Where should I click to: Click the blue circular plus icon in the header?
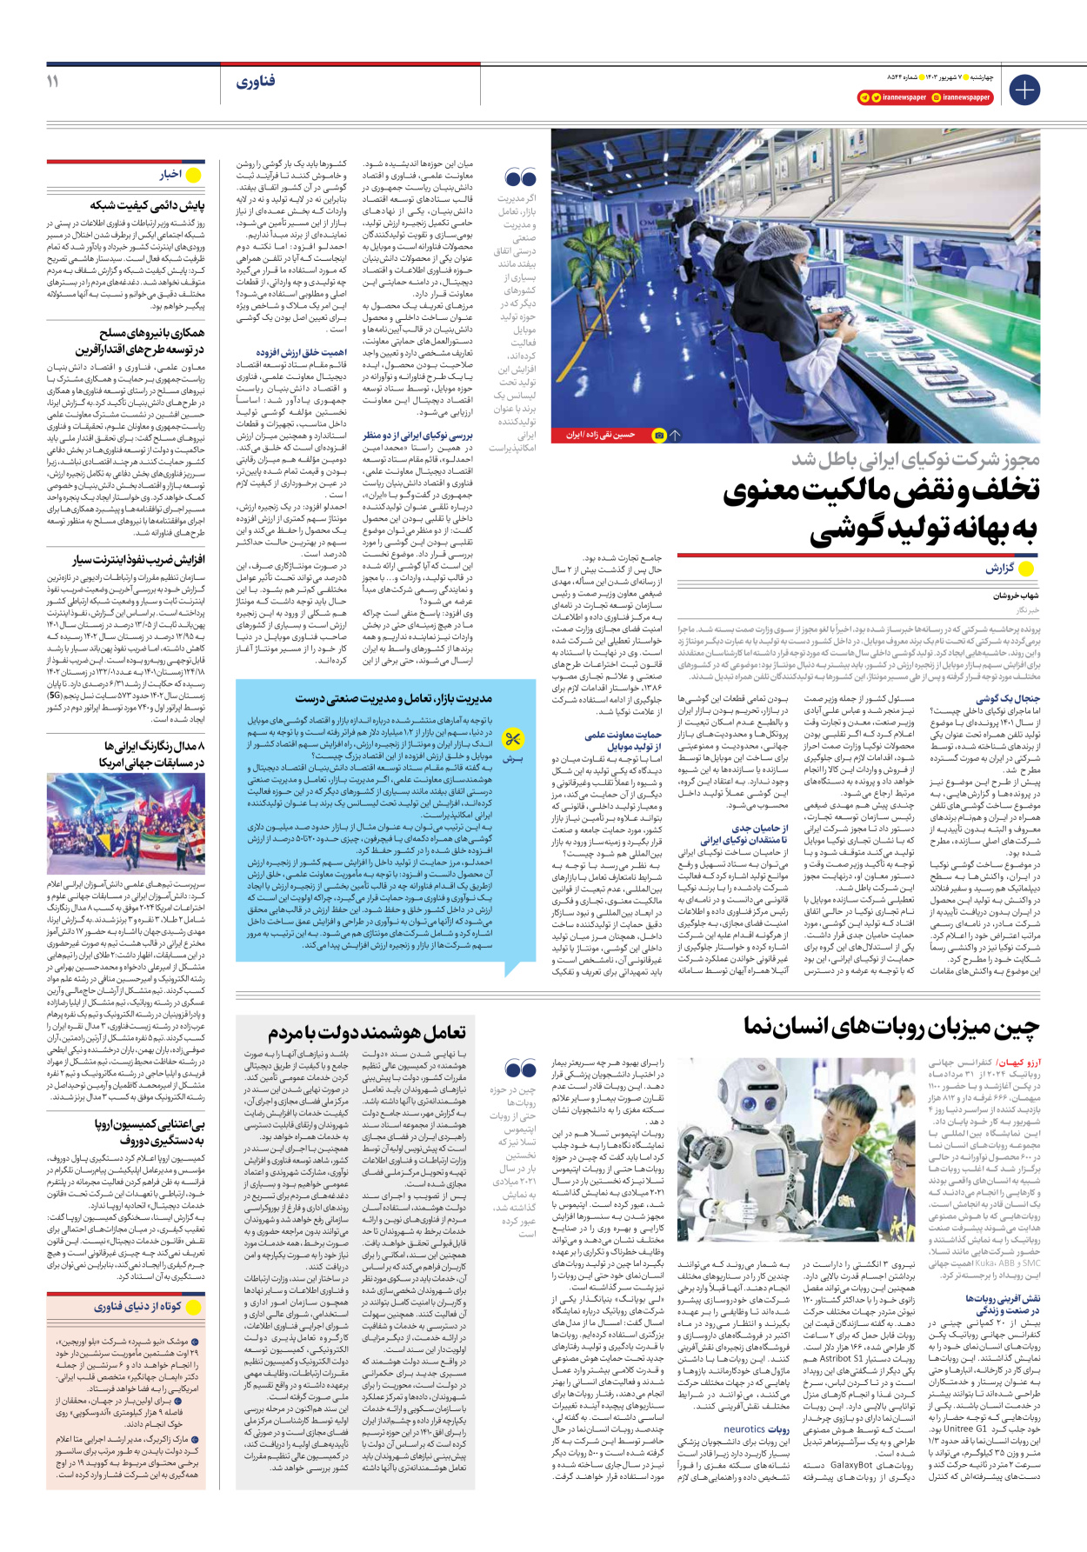pos(1024,90)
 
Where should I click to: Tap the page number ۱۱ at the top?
pos(53,81)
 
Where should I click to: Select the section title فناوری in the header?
pos(255,82)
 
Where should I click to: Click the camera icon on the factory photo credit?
pos(659,435)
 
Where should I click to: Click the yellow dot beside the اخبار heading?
pos(194,175)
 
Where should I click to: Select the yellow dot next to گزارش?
pos(1026,570)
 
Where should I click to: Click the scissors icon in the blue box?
pos(513,739)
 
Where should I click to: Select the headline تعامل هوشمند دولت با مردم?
pos(366,1032)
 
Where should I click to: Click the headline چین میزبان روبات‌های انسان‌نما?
pos(891,1027)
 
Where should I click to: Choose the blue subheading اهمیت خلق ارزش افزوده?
pos(301,352)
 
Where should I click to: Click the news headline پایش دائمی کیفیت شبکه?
pos(147,205)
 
